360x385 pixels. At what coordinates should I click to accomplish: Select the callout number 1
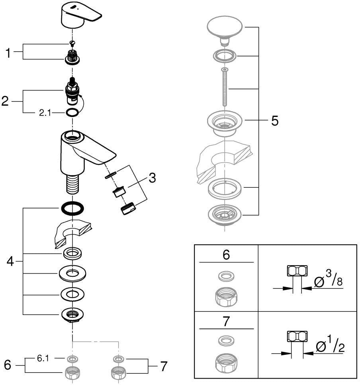point(8,53)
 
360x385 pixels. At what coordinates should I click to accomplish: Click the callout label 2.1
point(45,113)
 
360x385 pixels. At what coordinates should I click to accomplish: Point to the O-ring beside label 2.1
point(72,113)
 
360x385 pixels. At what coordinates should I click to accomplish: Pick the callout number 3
point(152,177)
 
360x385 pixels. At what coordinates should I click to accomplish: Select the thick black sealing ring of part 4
point(72,209)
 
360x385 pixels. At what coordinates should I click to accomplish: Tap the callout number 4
point(10,261)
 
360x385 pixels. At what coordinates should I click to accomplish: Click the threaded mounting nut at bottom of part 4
point(72,315)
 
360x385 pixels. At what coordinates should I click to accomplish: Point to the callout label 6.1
point(43,358)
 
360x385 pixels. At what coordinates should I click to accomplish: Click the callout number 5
point(275,121)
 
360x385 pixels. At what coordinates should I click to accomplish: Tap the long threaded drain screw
point(224,87)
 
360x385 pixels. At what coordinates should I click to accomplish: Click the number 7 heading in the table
point(226,321)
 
